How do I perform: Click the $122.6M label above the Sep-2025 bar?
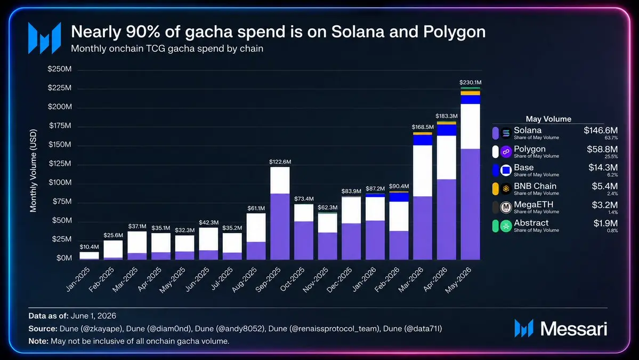coord(280,162)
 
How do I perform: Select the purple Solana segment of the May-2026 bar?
coord(470,204)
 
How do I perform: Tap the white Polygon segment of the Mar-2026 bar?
coord(423,171)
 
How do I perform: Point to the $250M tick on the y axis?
coord(60,69)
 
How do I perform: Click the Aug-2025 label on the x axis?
coord(245,279)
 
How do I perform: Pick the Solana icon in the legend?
coord(506,133)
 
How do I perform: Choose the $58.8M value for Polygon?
coord(602,149)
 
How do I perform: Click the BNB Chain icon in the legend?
coord(506,189)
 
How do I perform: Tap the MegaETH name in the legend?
coord(533,204)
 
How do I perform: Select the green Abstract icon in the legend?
coord(506,226)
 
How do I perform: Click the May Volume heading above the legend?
coord(548,119)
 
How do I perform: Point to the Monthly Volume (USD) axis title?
coord(33,171)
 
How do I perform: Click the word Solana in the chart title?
coord(358,32)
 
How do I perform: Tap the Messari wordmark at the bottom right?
coord(574,329)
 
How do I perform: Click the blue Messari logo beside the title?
coord(44,38)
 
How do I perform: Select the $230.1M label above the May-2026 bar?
coord(470,82)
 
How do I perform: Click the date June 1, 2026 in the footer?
coord(93,316)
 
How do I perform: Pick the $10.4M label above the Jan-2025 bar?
coord(89,246)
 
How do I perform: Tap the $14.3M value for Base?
coord(603,167)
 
